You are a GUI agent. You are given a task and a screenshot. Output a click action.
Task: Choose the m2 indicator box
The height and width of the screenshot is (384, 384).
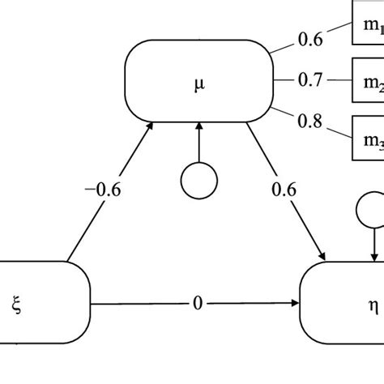(x=368, y=81)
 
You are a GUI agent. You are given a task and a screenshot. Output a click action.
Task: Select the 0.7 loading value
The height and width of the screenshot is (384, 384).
(x=311, y=80)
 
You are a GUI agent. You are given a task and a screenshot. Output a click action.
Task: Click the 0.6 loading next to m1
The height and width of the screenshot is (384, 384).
(x=313, y=37)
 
